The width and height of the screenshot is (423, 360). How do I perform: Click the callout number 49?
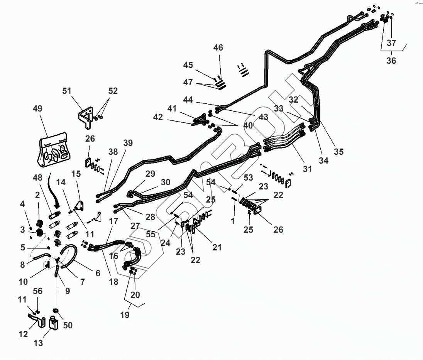[x=38, y=108]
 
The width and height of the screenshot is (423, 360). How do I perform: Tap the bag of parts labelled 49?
[x=54, y=151]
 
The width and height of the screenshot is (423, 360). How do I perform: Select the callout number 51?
[x=67, y=91]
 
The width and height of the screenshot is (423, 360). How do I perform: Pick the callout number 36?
[x=391, y=61]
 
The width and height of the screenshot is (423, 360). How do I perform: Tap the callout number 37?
[x=391, y=42]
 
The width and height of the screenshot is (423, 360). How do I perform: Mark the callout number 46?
[x=218, y=48]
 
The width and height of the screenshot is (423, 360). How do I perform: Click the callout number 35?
[x=338, y=152]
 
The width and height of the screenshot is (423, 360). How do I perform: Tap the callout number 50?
[x=68, y=325]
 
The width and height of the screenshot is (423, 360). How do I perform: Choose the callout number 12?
[x=24, y=334]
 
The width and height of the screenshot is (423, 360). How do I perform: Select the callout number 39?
[x=128, y=143]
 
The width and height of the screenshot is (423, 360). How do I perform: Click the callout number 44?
[x=188, y=100]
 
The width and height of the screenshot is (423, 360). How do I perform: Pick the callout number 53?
[x=248, y=177]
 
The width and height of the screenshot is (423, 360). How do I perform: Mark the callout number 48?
[x=37, y=179]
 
